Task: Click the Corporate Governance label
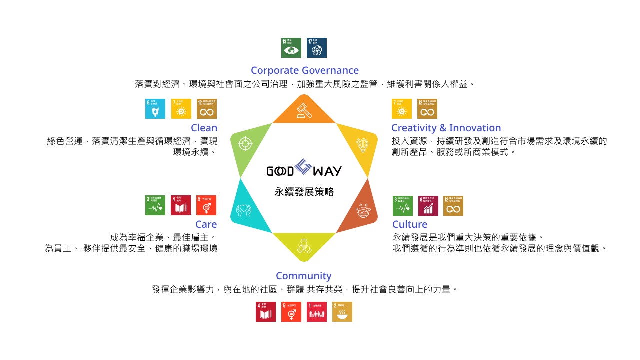tap(304, 70)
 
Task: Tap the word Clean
tap(204, 128)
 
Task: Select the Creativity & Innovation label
tap(446, 128)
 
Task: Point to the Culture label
tap(409, 224)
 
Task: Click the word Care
tap(206, 224)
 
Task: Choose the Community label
tap(303, 276)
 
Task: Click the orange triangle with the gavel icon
tap(304, 111)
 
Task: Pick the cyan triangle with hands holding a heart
tap(245, 210)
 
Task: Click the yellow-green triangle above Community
tap(304, 245)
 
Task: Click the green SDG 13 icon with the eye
tap(291, 48)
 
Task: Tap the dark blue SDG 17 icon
tap(317, 48)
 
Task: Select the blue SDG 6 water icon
tap(155, 109)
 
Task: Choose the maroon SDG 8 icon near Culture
tap(428, 206)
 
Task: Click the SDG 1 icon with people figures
tap(317, 312)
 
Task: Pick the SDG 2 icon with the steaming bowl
tap(342, 312)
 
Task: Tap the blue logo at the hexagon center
tap(303, 167)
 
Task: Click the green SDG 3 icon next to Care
tap(155, 205)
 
